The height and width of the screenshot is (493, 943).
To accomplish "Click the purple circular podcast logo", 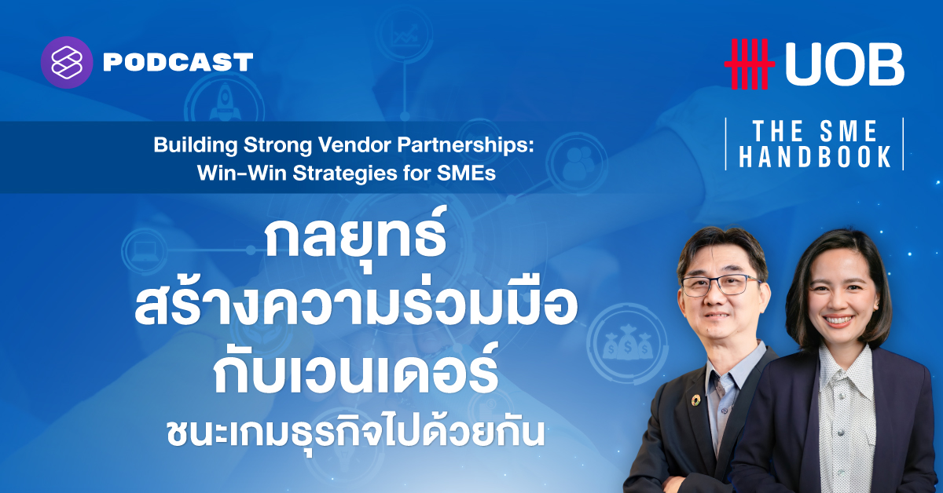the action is pos(67,62).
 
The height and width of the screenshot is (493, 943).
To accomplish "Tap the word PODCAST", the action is pos(178,63).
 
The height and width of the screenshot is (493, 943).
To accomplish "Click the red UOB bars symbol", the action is pos(750,64).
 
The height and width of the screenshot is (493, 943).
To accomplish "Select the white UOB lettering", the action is pos(845,64).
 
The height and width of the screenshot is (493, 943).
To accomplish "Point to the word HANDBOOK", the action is pos(815,157).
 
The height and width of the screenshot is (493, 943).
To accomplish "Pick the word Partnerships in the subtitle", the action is pos(465,145).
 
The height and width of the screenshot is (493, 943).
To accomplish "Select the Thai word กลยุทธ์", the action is pos(356,238).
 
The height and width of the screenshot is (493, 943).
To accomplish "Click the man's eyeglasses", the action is pos(721,285).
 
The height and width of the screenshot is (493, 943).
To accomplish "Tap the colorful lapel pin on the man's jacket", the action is pos(695,400).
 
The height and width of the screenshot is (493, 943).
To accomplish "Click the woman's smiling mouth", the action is pos(838,321).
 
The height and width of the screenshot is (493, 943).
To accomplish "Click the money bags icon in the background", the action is pos(627,345).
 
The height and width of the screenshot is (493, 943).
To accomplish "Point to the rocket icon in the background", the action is pos(225,102).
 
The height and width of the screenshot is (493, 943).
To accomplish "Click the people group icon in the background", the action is pos(577,163).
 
